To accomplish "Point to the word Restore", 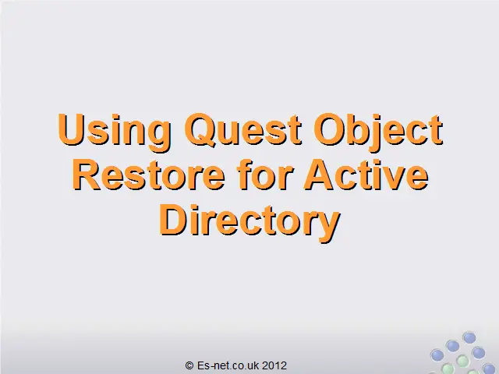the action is [x=149, y=175].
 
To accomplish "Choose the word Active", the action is [x=366, y=175].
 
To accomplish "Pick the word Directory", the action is [x=249, y=222].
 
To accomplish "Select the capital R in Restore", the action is [x=87, y=175].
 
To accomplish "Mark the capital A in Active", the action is [x=319, y=175].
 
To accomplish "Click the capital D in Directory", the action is [x=174, y=220].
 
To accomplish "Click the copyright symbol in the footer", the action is [x=189, y=365].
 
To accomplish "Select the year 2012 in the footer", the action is [x=274, y=365].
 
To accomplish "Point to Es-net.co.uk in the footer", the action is [x=228, y=365].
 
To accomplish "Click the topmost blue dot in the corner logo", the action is [x=469, y=337].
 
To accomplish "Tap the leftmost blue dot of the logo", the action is [x=437, y=355].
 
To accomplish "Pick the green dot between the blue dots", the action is [x=462, y=361].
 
